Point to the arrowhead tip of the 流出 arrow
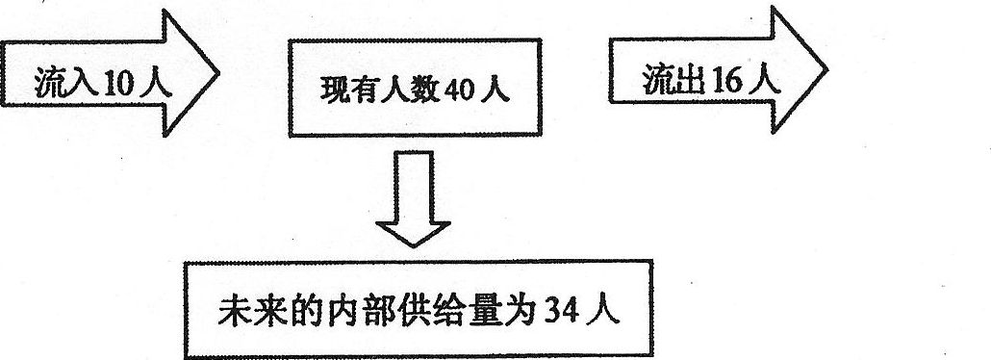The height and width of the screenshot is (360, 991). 826,70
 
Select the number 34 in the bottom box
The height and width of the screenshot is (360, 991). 557,314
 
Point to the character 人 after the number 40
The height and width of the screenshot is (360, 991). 495,94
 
